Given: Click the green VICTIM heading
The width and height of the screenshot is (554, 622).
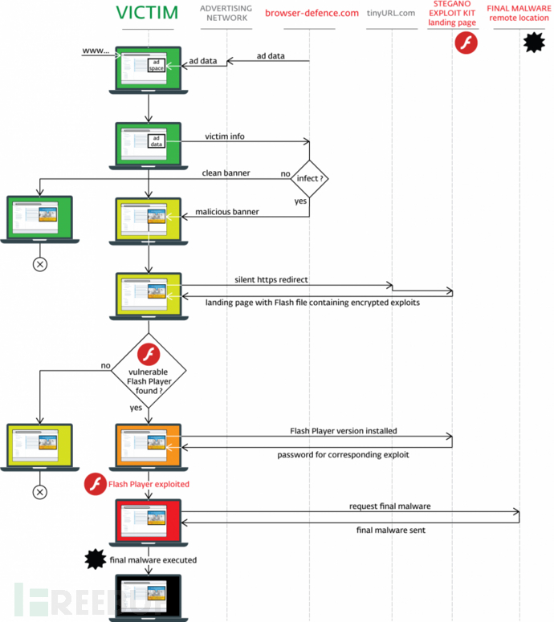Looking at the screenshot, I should point(147,14).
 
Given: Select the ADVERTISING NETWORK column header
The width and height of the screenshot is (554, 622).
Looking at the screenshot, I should point(226,14).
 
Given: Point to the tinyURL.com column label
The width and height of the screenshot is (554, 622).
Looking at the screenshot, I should point(390,13).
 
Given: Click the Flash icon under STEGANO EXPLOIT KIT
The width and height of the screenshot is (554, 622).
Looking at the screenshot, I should point(466,43).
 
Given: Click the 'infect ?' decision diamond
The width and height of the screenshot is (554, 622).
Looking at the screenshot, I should point(308,178).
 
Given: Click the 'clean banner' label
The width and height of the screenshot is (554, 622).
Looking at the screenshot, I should point(224,173).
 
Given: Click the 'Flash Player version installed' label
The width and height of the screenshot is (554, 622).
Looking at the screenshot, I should point(343,431).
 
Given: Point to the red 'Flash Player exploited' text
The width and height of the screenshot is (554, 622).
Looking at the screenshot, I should point(149,485).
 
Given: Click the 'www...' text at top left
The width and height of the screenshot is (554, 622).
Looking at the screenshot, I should point(96,51).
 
